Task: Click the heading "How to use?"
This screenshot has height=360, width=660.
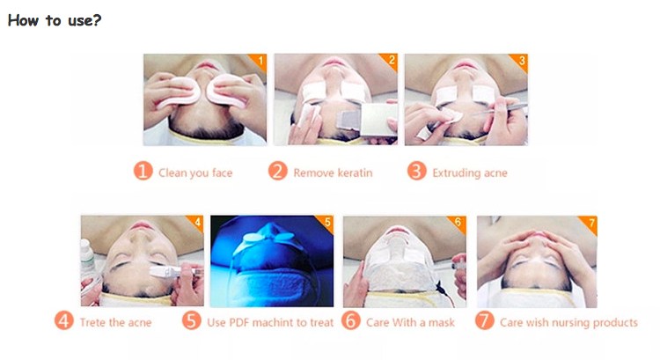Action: click(55, 20)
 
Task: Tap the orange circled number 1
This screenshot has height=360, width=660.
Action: click(143, 172)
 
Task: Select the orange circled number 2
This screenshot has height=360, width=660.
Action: click(278, 172)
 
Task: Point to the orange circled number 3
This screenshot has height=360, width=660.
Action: click(417, 172)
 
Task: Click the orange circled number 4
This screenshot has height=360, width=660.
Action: click(64, 321)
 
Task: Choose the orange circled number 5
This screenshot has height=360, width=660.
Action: click(192, 321)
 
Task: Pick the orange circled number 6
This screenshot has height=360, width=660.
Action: click(350, 321)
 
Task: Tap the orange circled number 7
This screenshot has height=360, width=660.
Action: click(485, 321)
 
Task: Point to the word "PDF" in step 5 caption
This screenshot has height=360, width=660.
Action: click(238, 322)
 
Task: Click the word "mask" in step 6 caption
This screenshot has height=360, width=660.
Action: click(442, 322)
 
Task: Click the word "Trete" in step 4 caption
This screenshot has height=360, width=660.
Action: click(92, 322)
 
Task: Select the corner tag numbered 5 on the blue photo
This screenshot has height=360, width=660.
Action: click(326, 223)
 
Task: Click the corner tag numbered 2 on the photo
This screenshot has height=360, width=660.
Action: click(390, 61)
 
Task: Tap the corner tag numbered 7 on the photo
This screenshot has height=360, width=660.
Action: click(590, 223)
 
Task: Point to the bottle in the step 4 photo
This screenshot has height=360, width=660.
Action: click(87, 257)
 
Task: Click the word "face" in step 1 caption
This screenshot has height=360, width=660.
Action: click(222, 173)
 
